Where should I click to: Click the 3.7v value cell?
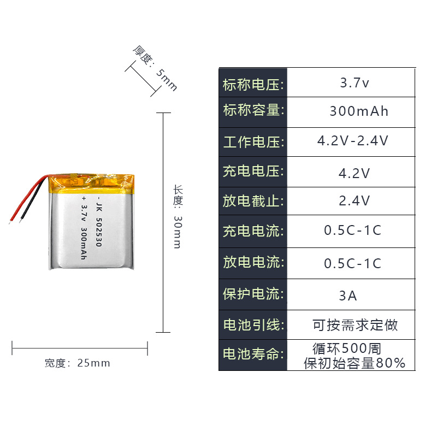355,83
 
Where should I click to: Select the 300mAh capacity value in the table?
359,111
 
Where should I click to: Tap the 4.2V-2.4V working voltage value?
353,141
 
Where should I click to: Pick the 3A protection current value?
348,296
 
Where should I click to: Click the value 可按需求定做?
355,326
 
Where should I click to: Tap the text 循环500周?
346,348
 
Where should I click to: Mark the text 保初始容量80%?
355,363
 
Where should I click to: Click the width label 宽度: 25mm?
77,363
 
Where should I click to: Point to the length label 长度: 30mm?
178,216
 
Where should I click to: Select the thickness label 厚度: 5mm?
155,68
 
